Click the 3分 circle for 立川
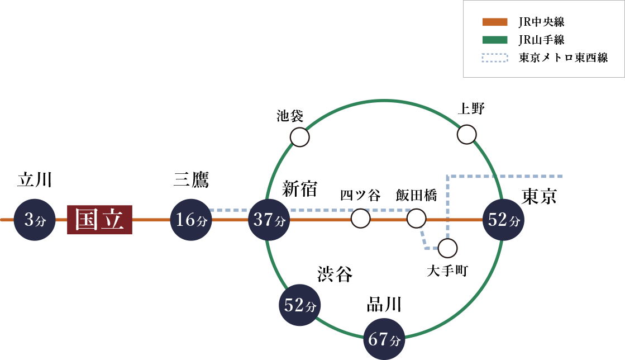click(34, 220)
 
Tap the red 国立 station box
click(99, 220)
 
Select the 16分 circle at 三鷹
click(191, 220)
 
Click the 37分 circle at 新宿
click(269, 220)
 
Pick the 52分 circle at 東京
click(504, 220)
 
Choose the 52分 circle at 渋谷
click(300, 305)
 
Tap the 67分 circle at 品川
click(384, 339)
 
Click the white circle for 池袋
click(300, 137)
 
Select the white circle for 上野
click(466, 134)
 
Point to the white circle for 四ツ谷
click(361, 218)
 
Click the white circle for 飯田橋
click(416, 218)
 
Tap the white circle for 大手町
click(447, 247)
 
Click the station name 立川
click(35, 180)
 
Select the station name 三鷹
click(191, 180)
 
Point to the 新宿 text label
click(299, 188)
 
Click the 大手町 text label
click(447, 272)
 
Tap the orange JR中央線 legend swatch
click(495, 23)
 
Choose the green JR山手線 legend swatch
click(495, 40)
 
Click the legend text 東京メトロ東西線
click(562, 58)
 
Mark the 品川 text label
click(384, 305)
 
